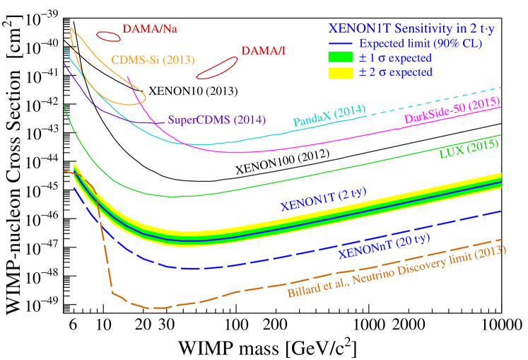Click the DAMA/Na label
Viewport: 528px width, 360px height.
[149, 30]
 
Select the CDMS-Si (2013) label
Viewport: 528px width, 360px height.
[153, 59]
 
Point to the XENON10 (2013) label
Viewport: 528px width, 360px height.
[193, 91]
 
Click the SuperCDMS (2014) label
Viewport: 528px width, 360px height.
[217, 120]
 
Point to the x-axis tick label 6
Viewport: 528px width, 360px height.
[74, 324]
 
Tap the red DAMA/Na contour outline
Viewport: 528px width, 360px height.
[107, 36]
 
